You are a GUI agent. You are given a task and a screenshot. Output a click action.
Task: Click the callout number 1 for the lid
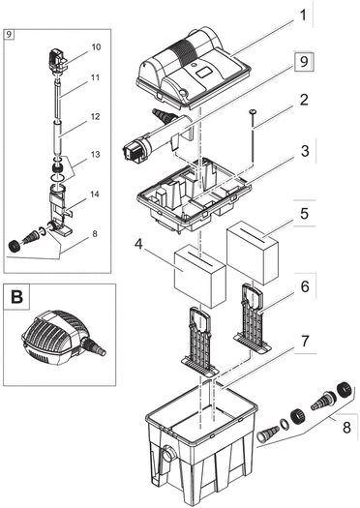(x=303, y=15)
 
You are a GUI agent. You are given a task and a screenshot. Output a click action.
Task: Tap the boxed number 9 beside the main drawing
(x=304, y=61)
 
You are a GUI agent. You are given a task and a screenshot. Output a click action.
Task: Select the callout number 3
(x=305, y=151)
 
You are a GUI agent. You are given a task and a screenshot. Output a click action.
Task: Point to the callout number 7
(x=305, y=342)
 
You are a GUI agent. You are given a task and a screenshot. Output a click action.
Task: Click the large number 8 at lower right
(x=346, y=428)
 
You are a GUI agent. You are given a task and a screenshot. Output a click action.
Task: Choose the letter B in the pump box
(x=16, y=297)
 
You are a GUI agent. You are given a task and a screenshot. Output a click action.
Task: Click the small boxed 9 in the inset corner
(x=9, y=34)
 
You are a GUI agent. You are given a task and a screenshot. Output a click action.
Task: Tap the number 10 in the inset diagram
(x=96, y=47)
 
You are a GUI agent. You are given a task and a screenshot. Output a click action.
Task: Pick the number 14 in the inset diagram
(x=95, y=194)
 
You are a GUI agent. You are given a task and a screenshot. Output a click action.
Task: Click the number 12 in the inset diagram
(x=95, y=116)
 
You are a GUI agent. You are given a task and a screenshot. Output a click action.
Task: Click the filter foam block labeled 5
(x=254, y=253)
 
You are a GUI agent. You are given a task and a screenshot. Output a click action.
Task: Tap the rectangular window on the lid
(x=205, y=72)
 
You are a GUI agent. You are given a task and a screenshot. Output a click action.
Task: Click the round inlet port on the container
(x=169, y=454)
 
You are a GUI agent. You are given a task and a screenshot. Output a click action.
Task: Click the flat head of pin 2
(x=253, y=112)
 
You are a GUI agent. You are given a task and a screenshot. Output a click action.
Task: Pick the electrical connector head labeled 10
(x=57, y=61)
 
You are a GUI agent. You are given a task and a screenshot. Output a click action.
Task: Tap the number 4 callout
(x=138, y=245)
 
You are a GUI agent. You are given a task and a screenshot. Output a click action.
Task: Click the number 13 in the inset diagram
(x=95, y=154)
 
